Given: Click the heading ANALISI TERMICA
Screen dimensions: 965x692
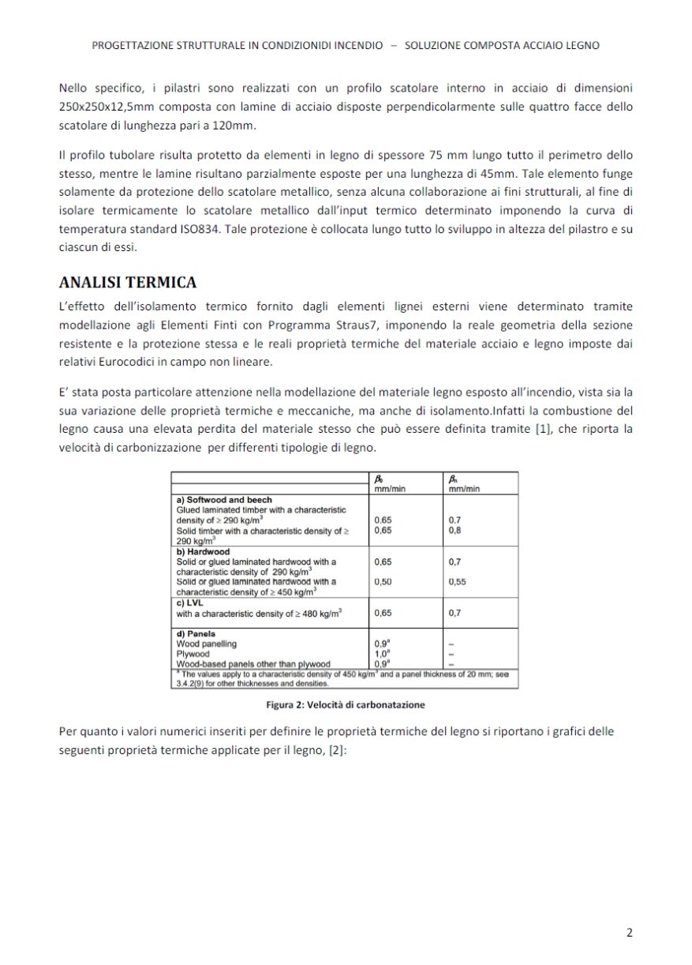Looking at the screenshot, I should (x=128, y=282).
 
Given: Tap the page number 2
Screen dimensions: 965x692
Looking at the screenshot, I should (x=629, y=932).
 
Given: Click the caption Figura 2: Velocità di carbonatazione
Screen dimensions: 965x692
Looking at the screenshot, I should (x=346, y=704).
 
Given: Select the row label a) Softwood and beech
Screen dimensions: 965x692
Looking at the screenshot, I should (x=224, y=500).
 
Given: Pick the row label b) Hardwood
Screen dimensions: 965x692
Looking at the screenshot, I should (x=203, y=551).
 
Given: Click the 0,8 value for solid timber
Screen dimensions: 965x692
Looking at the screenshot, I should (x=454, y=531).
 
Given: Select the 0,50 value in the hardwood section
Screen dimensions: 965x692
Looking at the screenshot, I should (x=383, y=581).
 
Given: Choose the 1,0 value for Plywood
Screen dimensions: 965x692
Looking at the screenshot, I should (x=382, y=654).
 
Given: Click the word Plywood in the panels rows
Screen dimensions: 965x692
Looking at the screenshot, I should (x=193, y=654).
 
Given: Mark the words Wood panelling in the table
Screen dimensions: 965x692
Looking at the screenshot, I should (x=207, y=644).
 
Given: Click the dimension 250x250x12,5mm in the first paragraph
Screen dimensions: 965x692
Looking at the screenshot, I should (x=103, y=106).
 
